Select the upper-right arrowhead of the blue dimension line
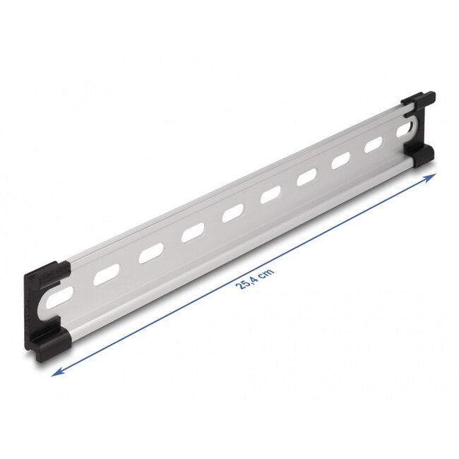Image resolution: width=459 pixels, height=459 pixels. [x=432, y=176]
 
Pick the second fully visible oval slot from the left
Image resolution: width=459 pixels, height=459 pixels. [x=150, y=253]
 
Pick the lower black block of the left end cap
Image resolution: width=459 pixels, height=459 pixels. [x=54, y=346]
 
